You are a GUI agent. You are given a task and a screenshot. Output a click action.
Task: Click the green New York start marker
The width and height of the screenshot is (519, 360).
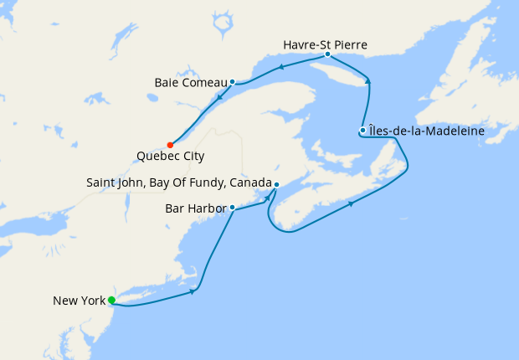[111, 300]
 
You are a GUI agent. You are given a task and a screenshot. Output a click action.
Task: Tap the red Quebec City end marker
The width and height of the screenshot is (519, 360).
[170, 143]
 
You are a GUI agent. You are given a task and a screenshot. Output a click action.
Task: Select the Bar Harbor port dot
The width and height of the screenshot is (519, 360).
[232, 207]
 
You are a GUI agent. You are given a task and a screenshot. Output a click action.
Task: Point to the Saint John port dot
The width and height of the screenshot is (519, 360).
[276, 184]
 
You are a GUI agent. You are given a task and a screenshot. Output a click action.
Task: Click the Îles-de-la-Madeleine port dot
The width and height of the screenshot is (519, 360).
[362, 130]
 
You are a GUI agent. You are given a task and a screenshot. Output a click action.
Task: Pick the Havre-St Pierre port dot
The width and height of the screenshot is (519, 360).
[327, 54]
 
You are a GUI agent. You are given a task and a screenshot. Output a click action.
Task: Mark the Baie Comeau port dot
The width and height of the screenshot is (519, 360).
[232, 82]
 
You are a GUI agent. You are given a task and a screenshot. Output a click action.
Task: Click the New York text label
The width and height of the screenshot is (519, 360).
[78, 301]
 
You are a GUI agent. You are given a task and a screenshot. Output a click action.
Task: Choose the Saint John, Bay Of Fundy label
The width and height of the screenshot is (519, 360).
[179, 183]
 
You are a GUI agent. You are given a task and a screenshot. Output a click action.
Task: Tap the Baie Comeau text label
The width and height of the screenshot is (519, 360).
[192, 82]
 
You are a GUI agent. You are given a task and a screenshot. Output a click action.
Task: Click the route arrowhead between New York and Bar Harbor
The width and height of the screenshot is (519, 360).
[194, 291]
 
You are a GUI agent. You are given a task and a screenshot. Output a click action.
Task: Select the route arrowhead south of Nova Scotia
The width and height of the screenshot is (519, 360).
[350, 203]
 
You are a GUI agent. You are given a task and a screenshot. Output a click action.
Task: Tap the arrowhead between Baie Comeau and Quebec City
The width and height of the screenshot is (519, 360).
[219, 98]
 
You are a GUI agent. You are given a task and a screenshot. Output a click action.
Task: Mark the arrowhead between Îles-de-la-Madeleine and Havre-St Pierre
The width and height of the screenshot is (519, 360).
[367, 80]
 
